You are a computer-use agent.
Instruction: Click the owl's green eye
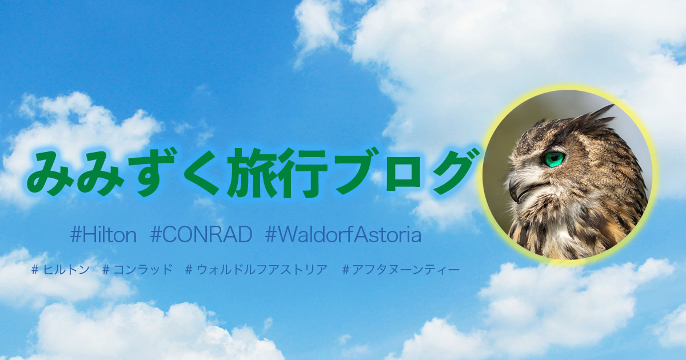tap(554, 159)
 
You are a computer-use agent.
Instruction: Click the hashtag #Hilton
tap(103, 235)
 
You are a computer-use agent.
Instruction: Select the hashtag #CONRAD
tap(201, 235)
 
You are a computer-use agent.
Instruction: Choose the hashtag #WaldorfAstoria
tap(344, 235)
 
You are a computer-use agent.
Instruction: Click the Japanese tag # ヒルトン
tap(61, 270)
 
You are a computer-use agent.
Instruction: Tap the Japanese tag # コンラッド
tap(137, 270)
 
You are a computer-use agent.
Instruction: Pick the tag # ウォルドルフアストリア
tap(256, 270)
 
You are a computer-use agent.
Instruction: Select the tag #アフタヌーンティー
tap(401, 270)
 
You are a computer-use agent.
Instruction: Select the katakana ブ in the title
tap(355, 173)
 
